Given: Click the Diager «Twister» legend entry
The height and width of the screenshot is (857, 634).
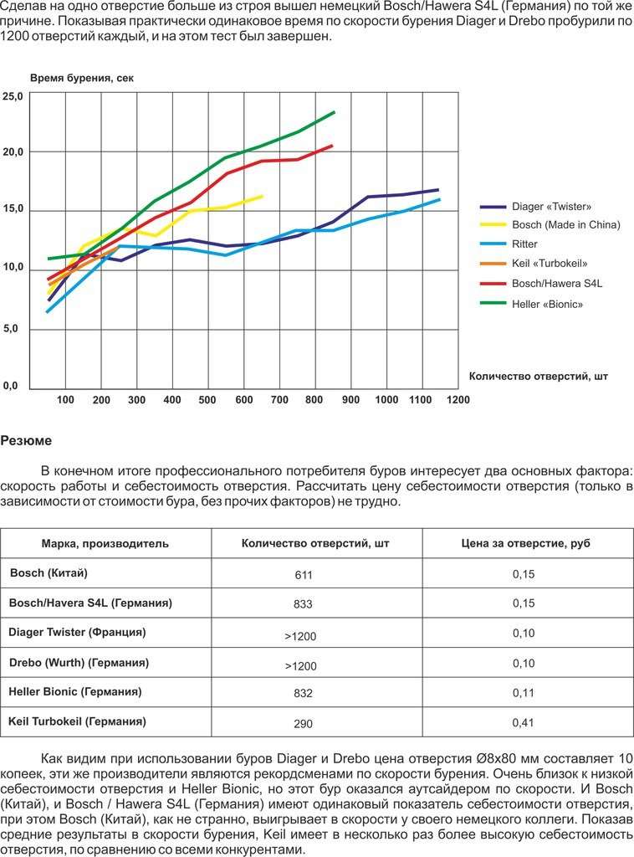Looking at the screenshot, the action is click(535, 207).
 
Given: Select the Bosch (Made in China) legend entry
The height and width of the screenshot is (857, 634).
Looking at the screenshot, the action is click(550, 224).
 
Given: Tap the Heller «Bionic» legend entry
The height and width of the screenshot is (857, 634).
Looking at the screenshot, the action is click(531, 304).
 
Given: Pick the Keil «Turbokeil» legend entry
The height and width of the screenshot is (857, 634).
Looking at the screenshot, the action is click(534, 264).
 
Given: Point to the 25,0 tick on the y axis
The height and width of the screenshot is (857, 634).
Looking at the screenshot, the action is click(13, 97).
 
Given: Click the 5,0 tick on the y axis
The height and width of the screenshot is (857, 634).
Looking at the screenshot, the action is click(11, 328).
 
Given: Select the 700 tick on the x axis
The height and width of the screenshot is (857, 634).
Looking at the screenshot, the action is click(279, 399).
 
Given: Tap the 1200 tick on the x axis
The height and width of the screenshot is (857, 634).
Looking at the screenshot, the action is click(458, 399).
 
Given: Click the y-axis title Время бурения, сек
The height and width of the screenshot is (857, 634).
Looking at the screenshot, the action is click(82, 78).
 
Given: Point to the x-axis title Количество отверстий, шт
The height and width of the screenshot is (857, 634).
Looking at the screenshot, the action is click(539, 376).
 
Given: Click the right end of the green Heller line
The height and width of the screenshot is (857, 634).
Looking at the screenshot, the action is click(335, 112).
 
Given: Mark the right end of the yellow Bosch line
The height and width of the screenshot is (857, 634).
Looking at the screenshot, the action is click(262, 196).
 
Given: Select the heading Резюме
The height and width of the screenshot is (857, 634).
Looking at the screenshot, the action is click(26, 440).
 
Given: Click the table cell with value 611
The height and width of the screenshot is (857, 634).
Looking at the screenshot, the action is click(303, 575).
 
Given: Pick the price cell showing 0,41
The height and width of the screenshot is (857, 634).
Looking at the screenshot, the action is click(523, 722).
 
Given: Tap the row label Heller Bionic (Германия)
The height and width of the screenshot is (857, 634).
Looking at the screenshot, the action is click(75, 692).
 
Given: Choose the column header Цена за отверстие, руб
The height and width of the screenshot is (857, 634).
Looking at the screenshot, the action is click(525, 543).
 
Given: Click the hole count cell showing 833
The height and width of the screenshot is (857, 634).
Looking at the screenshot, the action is click(303, 604).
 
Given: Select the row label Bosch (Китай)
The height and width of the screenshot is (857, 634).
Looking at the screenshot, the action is click(49, 572).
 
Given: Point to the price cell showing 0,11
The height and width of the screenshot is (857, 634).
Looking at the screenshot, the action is click(523, 692).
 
